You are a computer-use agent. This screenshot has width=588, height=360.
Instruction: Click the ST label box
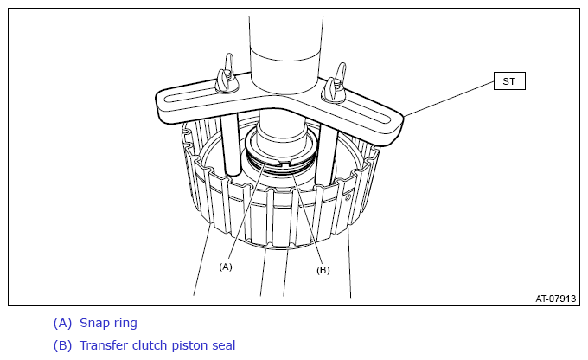coord(509,81)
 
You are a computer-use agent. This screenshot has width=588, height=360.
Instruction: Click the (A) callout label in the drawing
coord(226,267)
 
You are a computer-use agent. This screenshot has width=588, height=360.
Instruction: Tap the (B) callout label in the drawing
coord(323,270)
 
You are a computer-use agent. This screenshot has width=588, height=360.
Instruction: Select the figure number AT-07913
coord(555,299)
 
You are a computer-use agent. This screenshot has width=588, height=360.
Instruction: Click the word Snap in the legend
coord(95,324)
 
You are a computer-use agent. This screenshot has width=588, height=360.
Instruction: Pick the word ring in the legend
coord(125,324)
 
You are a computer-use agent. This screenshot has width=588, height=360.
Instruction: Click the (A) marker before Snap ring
coord(62,323)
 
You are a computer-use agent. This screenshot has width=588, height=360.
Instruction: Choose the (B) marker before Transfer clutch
coord(62,346)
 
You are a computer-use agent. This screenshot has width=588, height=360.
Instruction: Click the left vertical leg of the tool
coord(229,145)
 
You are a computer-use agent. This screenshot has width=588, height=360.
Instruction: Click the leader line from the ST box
coord(449,99)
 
